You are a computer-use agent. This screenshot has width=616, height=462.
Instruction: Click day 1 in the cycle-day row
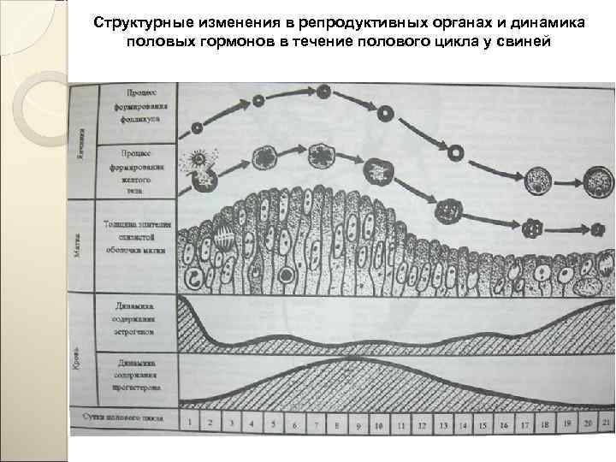pyautogui.click(x=189, y=422)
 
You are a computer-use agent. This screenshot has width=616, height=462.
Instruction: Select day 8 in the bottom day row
pyautogui.click(x=336, y=424)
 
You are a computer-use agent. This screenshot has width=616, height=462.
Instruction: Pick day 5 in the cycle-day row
pyautogui.click(x=273, y=423)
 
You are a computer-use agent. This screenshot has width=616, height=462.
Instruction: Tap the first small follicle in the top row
pyautogui.click(x=198, y=127)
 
